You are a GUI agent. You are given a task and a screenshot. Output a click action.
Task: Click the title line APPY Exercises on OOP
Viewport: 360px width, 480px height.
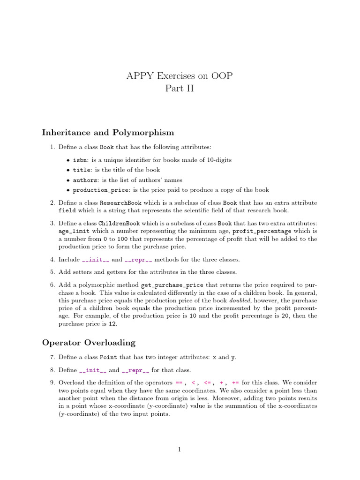pos(180,76)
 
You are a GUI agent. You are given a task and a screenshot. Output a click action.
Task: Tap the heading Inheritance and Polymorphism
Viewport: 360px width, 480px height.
pos(108,133)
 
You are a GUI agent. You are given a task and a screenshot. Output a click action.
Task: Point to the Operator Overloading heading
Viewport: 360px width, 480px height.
pos(89,343)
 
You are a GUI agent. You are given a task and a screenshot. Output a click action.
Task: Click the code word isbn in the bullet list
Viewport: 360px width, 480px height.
pos(79,160)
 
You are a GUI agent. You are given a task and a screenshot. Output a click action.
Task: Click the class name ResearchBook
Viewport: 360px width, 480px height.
pos(118,203)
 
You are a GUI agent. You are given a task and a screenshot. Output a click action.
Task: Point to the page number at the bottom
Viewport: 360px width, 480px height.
pos(180,450)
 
